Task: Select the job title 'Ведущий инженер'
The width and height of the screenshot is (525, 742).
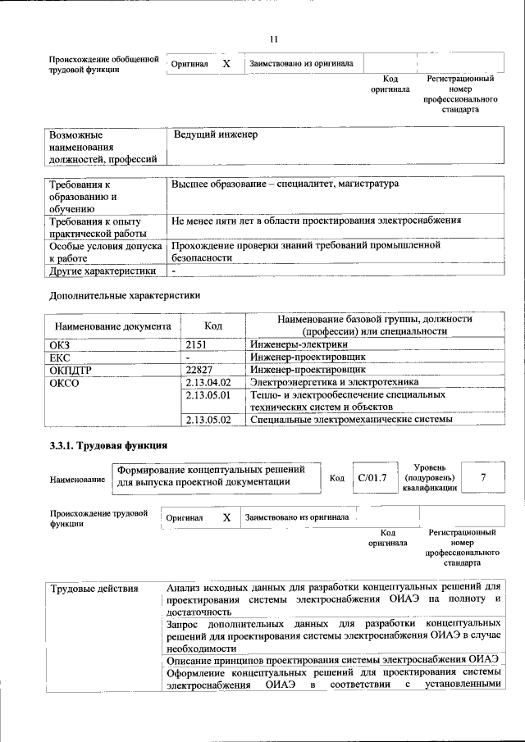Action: pyautogui.click(x=215, y=134)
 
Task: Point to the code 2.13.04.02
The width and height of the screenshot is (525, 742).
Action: pyautogui.click(x=209, y=382)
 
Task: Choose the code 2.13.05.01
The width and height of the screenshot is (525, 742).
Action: pyautogui.click(x=209, y=394)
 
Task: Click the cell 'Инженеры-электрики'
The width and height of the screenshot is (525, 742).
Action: pyautogui.click(x=293, y=345)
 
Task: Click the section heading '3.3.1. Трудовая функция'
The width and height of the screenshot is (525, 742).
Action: pyautogui.click(x=108, y=445)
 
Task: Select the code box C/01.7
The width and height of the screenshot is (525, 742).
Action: pyautogui.click(x=372, y=477)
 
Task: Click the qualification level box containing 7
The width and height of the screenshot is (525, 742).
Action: pyautogui.click(x=483, y=476)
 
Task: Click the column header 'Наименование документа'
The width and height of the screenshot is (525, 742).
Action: pyautogui.click(x=113, y=325)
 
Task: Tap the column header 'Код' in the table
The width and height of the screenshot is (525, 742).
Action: pyautogui.click(x=213, y=325)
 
